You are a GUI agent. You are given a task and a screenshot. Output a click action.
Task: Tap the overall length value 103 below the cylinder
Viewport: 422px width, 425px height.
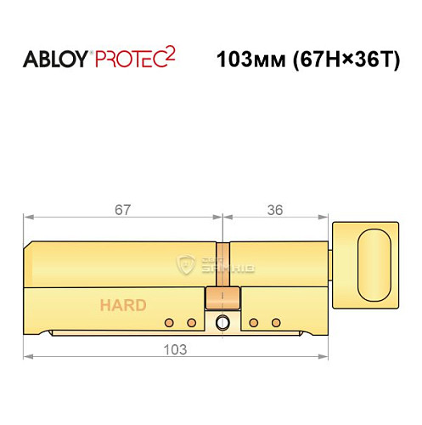176,348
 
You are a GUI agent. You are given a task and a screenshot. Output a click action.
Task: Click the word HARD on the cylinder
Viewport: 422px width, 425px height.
123,305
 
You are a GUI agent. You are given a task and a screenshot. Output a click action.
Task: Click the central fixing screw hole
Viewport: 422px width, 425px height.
222,323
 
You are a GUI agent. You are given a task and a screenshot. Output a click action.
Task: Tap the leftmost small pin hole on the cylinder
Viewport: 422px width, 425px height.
170,322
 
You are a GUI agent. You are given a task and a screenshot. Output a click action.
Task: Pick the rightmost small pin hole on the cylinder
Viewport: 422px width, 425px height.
276,322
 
